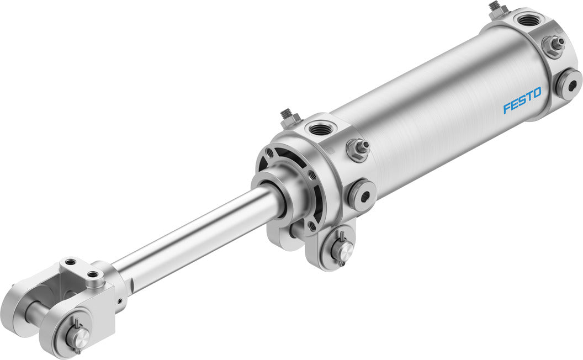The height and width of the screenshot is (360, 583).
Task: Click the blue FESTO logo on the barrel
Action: pos(522,100)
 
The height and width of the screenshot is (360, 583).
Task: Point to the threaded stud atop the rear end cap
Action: pos(495,8)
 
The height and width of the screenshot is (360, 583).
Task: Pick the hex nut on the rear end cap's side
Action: pos(552,45)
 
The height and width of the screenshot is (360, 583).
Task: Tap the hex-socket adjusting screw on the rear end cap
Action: pos(569,84)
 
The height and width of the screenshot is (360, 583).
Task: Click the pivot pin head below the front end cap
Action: pos(342,252)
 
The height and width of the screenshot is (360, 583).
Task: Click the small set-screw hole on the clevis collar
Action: pos(119,301)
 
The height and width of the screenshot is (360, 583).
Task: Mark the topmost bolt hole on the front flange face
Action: pos(270,153)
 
